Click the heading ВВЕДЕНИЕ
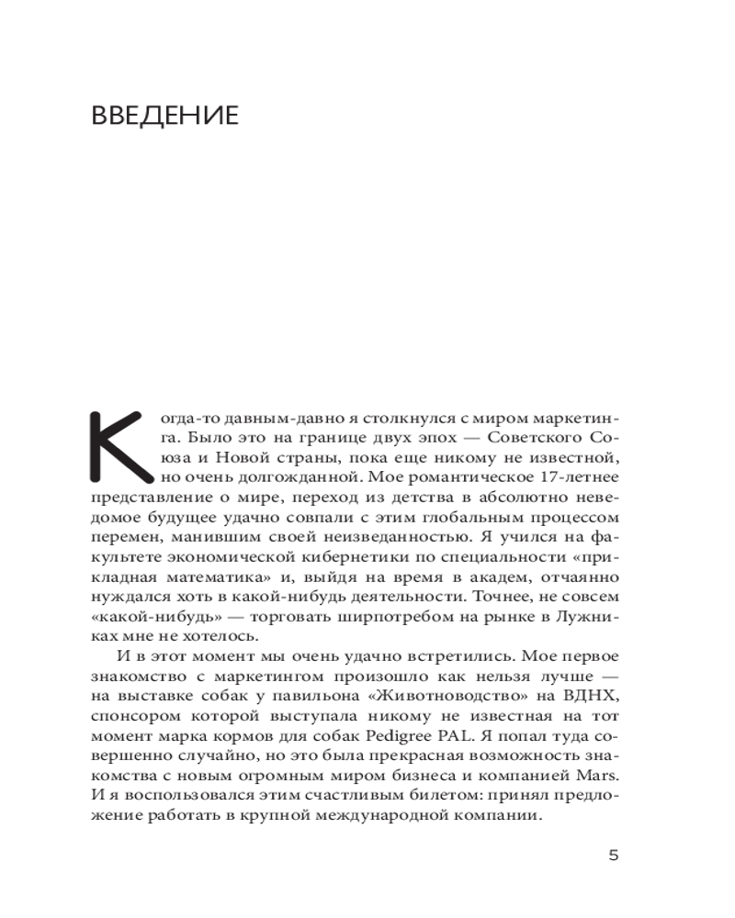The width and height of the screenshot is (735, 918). tap(165, 116)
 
